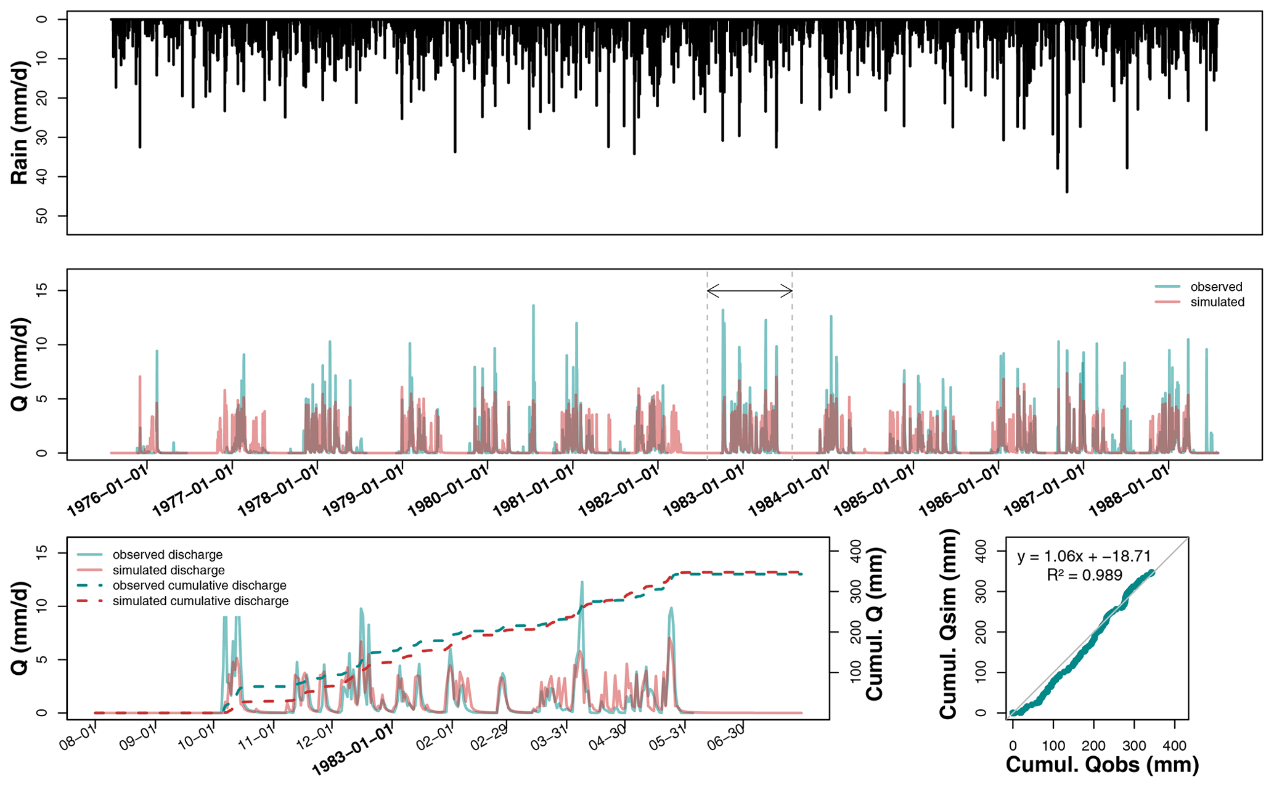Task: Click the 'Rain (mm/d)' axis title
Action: [x=20, y=123]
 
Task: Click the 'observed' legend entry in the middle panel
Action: [x=1216, y=287]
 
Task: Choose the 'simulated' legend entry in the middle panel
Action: [x=1217, y=303]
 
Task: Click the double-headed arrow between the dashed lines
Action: [x=749, y=290]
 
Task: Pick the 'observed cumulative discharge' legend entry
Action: [x=199, y=585]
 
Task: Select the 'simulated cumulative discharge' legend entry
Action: [x=200, y=601]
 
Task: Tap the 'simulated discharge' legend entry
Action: [x=168, y=570]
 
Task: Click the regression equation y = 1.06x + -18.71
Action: [x=1084, y=557]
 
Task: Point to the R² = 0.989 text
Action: [x=1084, y=576]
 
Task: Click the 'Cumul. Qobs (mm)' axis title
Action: [x=1102, y=765]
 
